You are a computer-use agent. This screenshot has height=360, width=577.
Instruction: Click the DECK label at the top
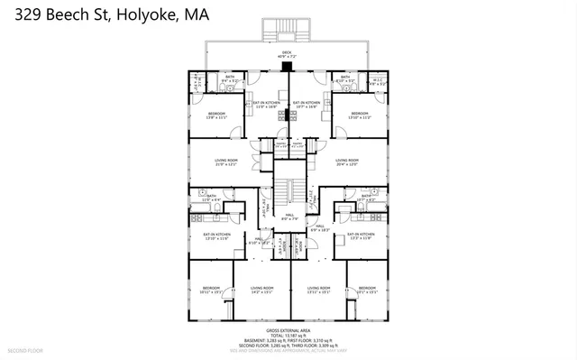point(287,52)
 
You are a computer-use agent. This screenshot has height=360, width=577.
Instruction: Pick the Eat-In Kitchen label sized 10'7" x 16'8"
point(307,104)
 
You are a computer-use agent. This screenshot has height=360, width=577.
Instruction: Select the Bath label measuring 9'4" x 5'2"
point(230,78)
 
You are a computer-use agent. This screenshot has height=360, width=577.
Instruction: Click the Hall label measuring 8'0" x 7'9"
point(288,217)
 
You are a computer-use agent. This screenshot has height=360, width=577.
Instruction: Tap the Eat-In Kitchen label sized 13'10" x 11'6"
point(217,235)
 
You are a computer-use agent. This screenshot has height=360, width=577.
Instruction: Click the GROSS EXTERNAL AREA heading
point(288,330)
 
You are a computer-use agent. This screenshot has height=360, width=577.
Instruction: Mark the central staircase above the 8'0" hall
point(288,191)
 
